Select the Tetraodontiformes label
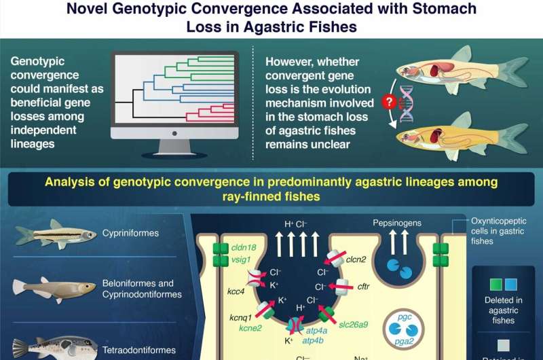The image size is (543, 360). [138, 350]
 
